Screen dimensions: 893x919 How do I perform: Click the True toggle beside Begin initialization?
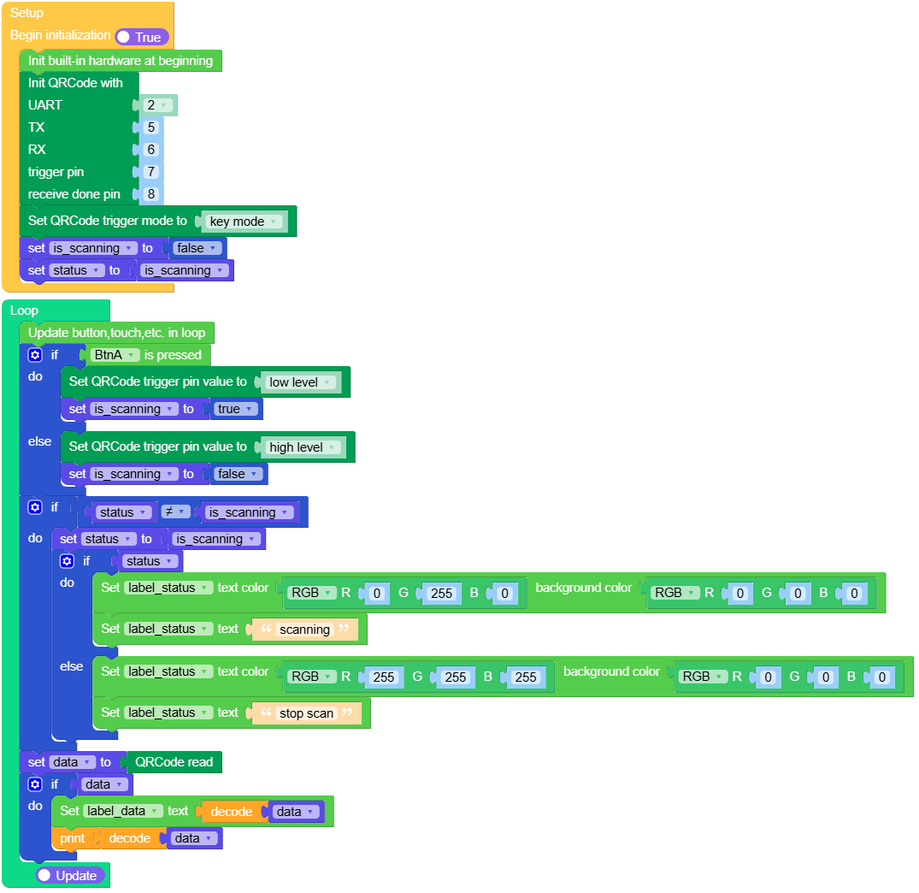pos(142,37)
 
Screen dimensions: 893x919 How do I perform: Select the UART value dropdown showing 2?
pos(156,105)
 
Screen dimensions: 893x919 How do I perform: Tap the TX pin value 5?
pos(151,127)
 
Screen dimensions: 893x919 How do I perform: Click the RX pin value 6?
pos(151,150)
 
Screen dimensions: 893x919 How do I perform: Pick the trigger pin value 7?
pos(151,172)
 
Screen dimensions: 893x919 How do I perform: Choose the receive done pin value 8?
pos(151,194)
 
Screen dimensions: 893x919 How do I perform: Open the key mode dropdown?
pos(243,222)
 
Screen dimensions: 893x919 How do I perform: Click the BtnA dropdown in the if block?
pos(114,355)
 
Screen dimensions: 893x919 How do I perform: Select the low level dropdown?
pos(299,382)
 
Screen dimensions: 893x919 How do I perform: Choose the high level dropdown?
pos(302,447)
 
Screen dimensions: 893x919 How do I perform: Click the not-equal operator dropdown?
pos(175,512)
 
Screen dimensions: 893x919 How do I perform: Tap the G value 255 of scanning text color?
pos(441,593)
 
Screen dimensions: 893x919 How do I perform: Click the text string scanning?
pos(304,630)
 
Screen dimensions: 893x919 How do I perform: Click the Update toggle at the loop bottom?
pos(70,876)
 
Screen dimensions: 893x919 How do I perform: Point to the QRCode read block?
pos(174,762)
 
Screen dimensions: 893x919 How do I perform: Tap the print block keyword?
pos(72,838)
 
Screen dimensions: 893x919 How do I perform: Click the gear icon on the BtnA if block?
pos(35,355)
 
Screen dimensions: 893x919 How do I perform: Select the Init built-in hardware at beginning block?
pos(120,61)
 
